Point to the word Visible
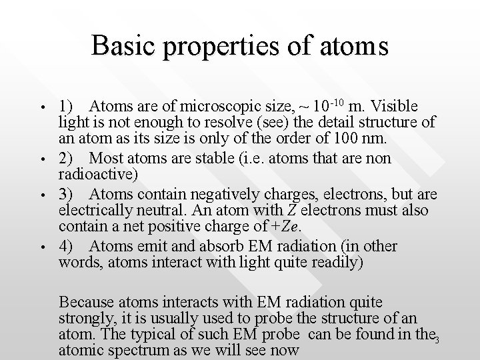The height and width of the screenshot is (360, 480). (x=394, y=106)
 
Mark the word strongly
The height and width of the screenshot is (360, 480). (x=85, y=315)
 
